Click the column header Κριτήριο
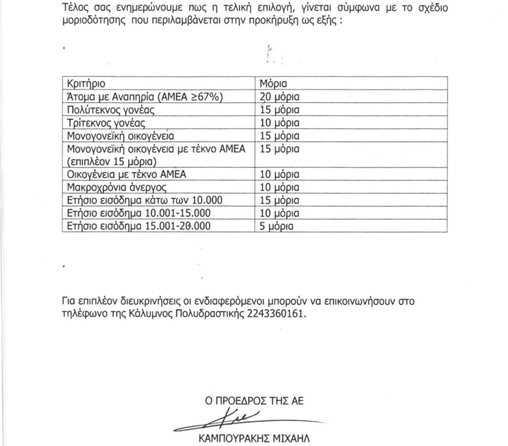[x=87, y=84]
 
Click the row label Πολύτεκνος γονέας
[x=105, y=109]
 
